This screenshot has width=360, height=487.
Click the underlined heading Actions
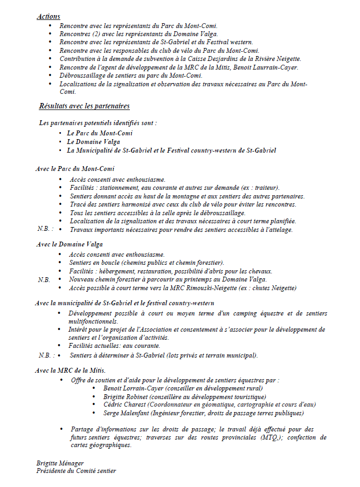[x=49, y=17]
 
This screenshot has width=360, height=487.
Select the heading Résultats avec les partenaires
[x=84, y=106]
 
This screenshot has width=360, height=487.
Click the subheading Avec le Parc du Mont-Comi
[x=75, y=169]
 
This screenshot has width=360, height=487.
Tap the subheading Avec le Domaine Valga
[x=70, y=244]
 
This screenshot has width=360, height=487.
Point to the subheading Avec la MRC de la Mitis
[x=71, y=371]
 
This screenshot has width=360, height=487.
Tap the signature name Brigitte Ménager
[x=60, y=463]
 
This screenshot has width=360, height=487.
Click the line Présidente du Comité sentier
[x=76, y=470]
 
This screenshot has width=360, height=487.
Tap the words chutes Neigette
[x=273, y=288]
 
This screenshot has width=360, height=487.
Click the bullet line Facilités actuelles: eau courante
[x=114, y=346]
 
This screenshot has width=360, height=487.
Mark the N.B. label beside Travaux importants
[x=45, y=230]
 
